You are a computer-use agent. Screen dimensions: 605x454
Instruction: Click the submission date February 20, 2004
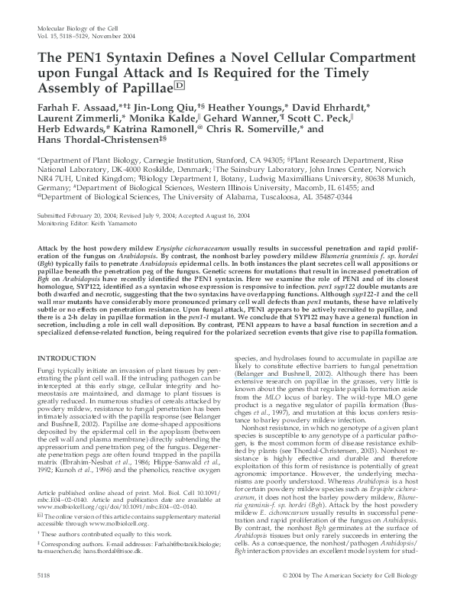click(89, 217)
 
